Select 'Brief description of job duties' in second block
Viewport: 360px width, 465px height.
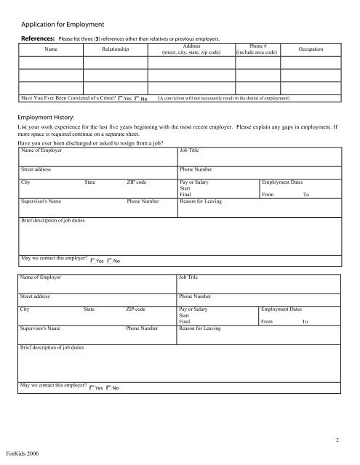[x=52, y=347]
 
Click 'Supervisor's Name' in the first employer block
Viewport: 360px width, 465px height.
[x=41, y=202]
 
